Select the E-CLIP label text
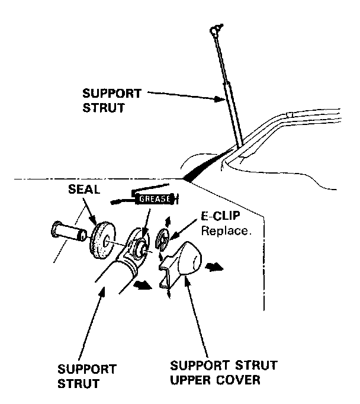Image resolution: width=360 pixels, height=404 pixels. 216,217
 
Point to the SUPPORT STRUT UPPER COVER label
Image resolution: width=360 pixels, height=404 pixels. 215,372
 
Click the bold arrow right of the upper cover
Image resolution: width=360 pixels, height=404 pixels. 215,267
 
